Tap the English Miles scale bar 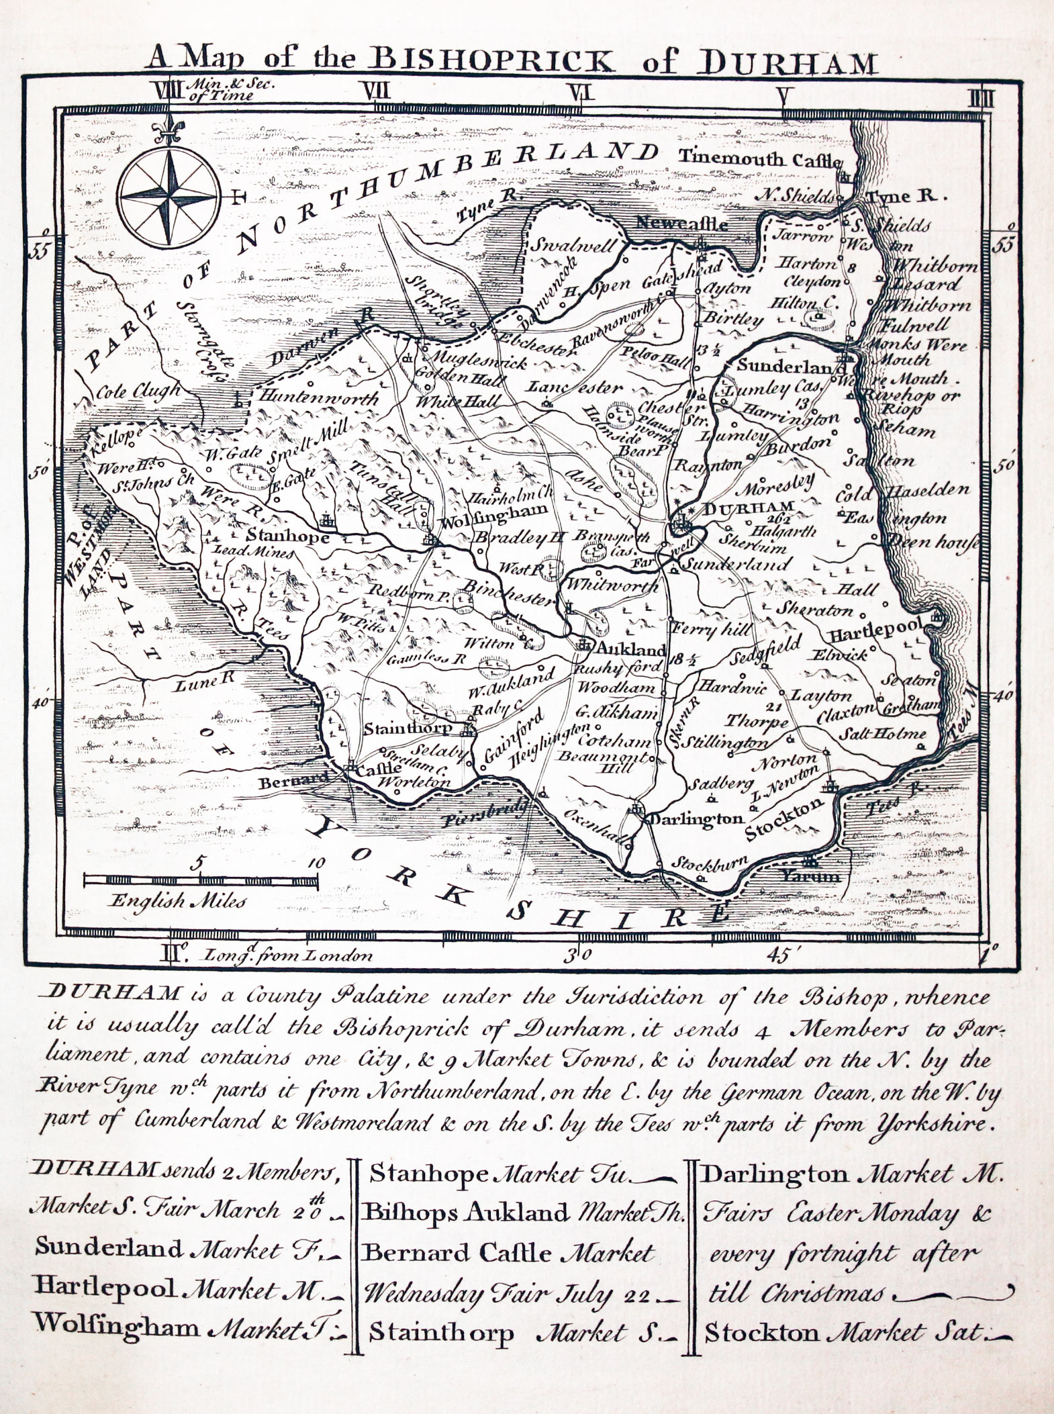[201, 880]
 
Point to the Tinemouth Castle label [759, 159]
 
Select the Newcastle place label [681, 224]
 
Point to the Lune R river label [205, 683]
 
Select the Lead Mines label [253, 554]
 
